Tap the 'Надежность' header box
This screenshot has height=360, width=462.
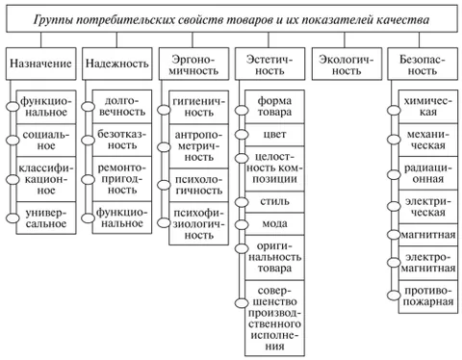point(115,65)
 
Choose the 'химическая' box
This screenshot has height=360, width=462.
point(428,104)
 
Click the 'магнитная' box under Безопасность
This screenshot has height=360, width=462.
point(428,233)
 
